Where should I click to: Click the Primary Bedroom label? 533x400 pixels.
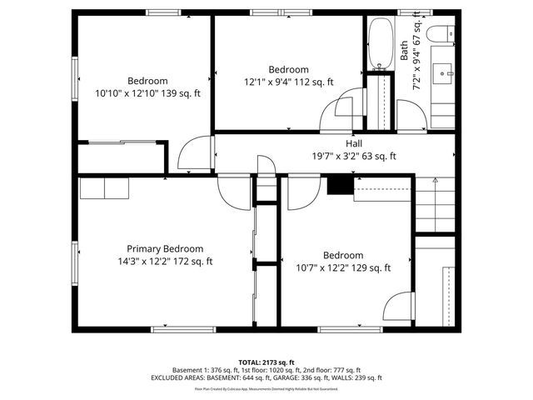[165, 248]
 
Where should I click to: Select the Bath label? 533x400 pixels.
[405, 51]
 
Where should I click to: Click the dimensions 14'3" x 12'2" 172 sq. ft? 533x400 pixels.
[165, 261]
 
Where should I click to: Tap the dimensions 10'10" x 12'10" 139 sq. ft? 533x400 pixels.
[148, 94]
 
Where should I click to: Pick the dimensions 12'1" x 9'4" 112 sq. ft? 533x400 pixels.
[288, 82]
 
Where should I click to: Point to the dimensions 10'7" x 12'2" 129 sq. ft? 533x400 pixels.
[343, 267]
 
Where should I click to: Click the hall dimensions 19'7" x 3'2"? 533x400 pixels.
[354, 156]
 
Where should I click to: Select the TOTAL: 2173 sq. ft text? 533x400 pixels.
[266, 362]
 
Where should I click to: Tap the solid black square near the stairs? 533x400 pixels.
[338, 184]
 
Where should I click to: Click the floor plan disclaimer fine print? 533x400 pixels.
[266, 389]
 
